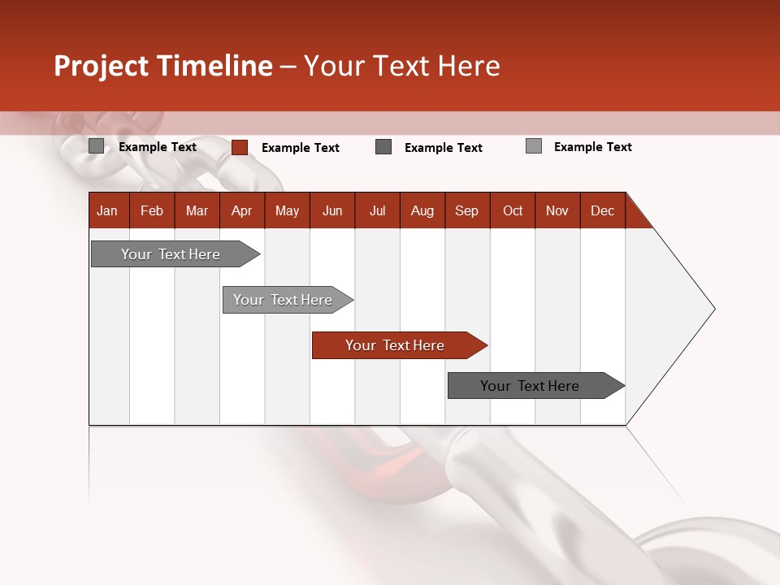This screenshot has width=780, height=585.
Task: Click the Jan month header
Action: [x=108, y=210]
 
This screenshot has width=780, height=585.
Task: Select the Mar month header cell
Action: [x=197, y=210]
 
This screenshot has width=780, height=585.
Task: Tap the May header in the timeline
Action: [x=287, y=210]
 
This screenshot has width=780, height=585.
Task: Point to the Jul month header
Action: [x=377, y=210]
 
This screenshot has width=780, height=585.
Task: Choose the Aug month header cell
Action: [x=422, y=210]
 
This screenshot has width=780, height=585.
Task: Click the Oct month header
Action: [x=513, y=210]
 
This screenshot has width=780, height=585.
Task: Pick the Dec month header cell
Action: [x=603, y=210]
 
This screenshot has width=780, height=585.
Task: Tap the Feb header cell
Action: [x=152, y=210]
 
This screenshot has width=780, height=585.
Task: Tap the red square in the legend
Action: [x=240, y=147]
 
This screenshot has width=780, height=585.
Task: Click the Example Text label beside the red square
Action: [x=301, y=148]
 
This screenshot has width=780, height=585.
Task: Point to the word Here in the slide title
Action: [x=469, y=66]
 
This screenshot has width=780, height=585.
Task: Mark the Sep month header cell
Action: [x=467, y=210]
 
